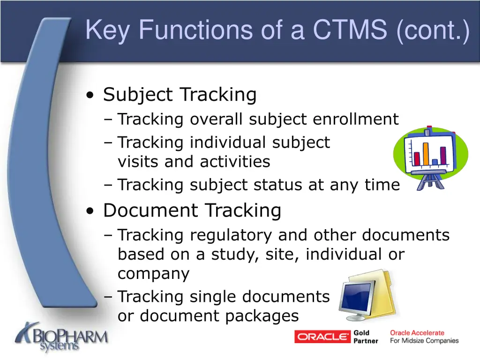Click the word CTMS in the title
[x=350, y=30]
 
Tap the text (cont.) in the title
[x=432, y=30]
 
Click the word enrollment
[x=355, y=120]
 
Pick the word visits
[x=138, y=162]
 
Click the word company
[x=153, y=274]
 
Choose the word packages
[x=262, y=316]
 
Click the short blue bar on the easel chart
[x=435, y=162]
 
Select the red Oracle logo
[x=322, y=337]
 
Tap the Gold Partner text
[x=366, y=337]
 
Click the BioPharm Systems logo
[x=61, y=337]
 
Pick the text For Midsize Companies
[x=424, y=341]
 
